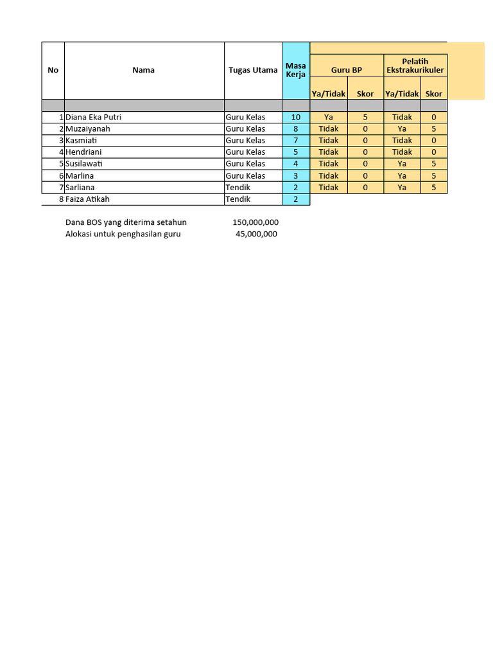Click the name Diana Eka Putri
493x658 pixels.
pyautogui.click(x=94, y=118)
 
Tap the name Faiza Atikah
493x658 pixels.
pyautogui.click(x=88, y=199)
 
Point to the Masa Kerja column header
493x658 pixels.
pyautogui.click(x=296, y=70)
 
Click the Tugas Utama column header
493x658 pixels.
pyautogui.click(x=253, y=70)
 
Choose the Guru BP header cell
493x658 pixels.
pyautogui.click(x=347, y=70)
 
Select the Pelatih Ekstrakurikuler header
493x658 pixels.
pyautogui.click(x=415, y=66)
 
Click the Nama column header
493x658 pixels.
pyautogui.click(x=144, y=70)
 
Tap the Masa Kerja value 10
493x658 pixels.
pyautogui.click(x=296, y=118)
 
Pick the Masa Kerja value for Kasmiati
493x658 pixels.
pyautogui.click(x=296, y=141)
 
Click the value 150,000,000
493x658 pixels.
pyautogui.click(x=255, y=222)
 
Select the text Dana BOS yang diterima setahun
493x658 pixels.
pyautogui.click(x=126, y=222)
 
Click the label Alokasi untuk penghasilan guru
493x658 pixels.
pyautogui.click(x=123, y=234)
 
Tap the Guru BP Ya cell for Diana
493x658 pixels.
pyautogui.click(x=329, y=118)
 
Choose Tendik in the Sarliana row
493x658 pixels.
pyautogui.click(x=238, y=188)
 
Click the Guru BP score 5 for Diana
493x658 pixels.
pyautogui.click(x=365, y=118)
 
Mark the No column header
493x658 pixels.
pyautogui.click(x=53, y=70)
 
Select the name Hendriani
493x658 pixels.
pyautogui.click(x=84, y=152)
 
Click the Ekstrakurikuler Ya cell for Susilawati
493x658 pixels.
pyautogui.click(x=402, y=164)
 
